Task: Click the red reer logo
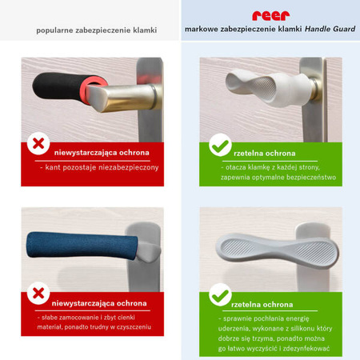tap(270, 16)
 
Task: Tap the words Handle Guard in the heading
tap(330, 29)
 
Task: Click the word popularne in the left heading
tap(54, 30)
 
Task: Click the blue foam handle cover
tap(82, 246)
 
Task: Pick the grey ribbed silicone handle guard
tap(278, 251)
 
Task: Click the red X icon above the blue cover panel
tap(38, 294)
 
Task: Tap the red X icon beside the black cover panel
tap(38, 143)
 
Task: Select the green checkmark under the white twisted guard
tap(220, 146)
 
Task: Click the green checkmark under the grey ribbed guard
tap(220, 296)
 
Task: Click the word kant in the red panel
tap(51, 167)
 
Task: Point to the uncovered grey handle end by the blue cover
tap(149, 251)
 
